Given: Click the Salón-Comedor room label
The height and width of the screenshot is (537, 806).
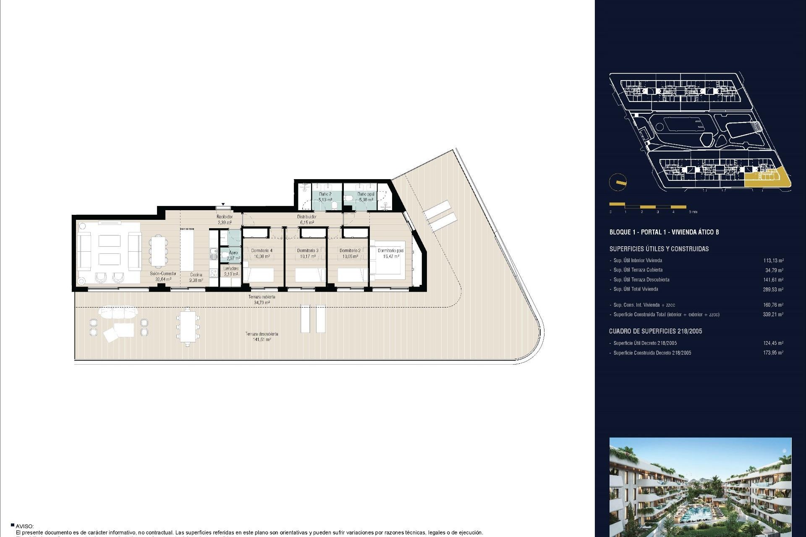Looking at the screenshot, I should click(x=163, y=274).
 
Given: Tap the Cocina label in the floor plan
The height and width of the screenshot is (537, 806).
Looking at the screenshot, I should click(x=196, y=275).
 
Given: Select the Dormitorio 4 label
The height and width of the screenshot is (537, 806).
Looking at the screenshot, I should click(x=262, y=251).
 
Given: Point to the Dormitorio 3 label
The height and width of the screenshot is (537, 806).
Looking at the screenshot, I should click(x=308, y=251).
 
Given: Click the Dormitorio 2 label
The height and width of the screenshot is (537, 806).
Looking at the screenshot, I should click(x=350, y=251).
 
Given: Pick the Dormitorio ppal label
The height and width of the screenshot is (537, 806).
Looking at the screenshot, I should click(x=390, y=251).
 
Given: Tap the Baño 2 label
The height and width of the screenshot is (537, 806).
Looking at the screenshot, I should click(x=325, y=195).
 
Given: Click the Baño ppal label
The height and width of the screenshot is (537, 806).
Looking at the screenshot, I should click(x=366, y=195).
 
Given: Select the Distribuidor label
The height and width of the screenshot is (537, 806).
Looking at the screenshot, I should click(x=306, y=217).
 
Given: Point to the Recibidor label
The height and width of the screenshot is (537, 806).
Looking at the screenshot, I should click(x=225, y=217).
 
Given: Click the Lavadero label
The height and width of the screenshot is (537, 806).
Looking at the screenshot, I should click(x=231, y=268).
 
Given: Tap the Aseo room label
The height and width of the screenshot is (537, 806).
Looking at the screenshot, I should click(x=233, y=253).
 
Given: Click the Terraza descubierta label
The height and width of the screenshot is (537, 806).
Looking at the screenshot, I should click(x=262, y=334).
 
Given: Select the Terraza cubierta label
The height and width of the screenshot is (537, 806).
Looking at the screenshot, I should click(x=262, y=297).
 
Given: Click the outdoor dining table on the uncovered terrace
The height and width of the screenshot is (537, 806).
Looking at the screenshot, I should click(x=188, y=328).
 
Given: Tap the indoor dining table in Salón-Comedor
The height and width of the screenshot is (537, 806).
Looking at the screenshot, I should click(x=158, y=251).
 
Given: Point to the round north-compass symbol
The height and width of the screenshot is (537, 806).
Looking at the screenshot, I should click(x=618, y=182).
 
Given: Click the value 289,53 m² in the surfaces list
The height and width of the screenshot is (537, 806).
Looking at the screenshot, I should click(x=773, y=289).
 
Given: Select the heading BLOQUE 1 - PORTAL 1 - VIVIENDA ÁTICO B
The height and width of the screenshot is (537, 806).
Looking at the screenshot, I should click(x=664, y=232).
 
